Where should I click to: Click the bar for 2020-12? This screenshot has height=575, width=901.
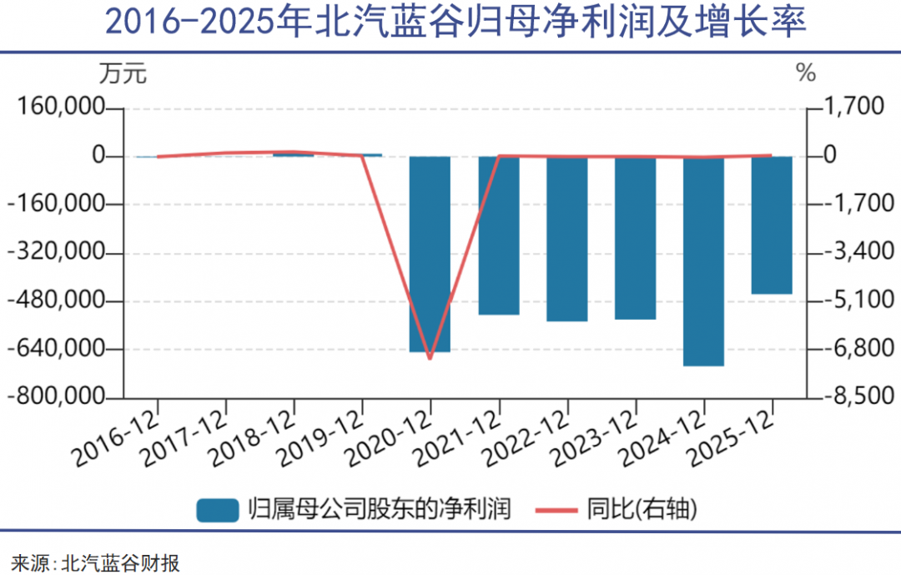(x=430, y=254)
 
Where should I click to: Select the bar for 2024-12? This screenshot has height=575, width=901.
(x=703, y=260)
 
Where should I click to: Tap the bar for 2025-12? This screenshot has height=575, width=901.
(x=772, y=224)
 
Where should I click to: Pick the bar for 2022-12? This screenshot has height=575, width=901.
(x=566, y=238)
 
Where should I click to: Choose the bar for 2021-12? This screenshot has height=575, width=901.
(x=498, y=235)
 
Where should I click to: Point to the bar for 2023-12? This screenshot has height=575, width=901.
(x=635, y=237)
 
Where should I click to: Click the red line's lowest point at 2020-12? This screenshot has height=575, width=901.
(x=430, y=359)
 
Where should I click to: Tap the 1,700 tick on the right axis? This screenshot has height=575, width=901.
(x=853, y=108)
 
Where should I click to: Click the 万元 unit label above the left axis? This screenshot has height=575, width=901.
(x=123, y=74)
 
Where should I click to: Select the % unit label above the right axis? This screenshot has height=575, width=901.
(x=806, y=74)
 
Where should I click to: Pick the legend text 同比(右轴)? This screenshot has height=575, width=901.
(x=642, y=508)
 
